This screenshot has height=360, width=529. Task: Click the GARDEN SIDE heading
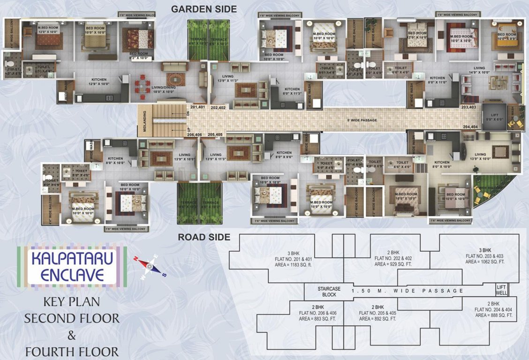[204, 9]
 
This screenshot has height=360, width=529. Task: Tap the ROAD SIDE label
[204, 237]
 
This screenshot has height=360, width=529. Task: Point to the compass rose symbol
[150, 266]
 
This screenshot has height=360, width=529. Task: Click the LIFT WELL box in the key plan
[501, 290]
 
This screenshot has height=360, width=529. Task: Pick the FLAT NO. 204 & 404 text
[494, 310]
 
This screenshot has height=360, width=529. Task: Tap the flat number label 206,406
[195, 135]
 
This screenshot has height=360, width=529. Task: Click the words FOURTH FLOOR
[72, 351]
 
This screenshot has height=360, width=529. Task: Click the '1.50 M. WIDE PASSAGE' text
[407, 291]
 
